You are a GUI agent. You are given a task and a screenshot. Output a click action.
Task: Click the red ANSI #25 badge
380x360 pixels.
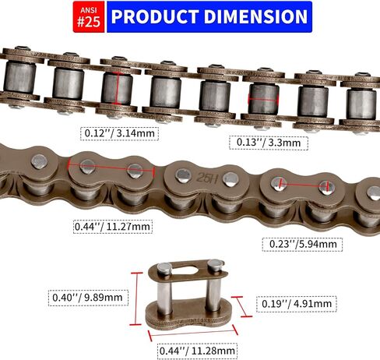pos(89,17)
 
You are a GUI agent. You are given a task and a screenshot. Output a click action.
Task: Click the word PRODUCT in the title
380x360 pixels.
pos(155,16)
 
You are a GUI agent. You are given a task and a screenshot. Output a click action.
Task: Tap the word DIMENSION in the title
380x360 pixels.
pos(255,16)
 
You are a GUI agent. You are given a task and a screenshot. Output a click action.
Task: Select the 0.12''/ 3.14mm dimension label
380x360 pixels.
pos(119,133)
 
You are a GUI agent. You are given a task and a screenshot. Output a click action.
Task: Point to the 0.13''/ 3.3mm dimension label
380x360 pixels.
pos(269,143)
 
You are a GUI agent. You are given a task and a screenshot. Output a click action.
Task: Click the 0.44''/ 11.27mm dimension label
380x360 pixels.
pos(112,227)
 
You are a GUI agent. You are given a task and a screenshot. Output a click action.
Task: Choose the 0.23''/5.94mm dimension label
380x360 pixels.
pos(302,245)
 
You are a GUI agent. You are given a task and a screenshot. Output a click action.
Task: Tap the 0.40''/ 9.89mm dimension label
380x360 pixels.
pos(88,298)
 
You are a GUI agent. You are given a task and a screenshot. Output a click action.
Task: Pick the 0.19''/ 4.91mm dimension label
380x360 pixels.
pos(297,304)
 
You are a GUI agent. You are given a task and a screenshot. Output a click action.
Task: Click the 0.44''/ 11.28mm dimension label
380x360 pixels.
pos(197,351)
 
